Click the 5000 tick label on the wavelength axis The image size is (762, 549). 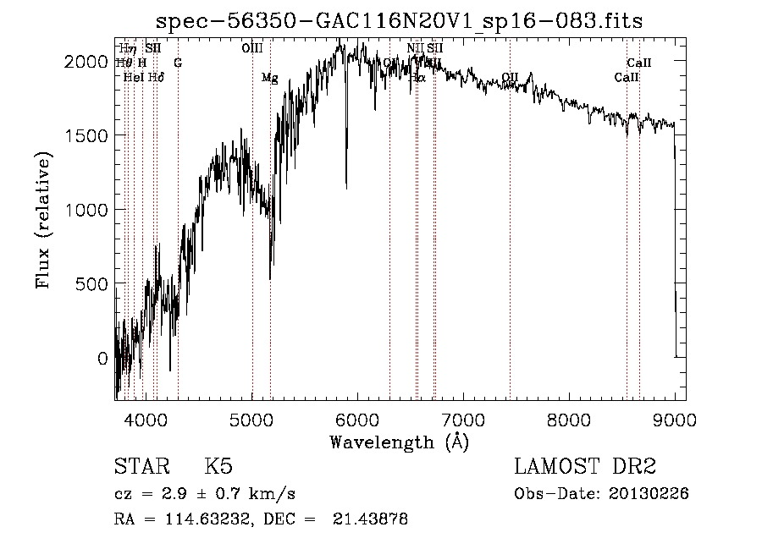tap(252, 419)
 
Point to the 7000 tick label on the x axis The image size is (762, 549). tap(463, 419)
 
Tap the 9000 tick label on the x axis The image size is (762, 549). tap(674, 419)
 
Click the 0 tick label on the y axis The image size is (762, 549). tap(102, 359)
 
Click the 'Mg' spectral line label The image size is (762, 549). tap(269, 78)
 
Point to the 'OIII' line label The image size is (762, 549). tap(251, 48)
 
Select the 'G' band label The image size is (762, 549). tap(178, 63)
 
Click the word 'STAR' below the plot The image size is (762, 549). tap(141, 467)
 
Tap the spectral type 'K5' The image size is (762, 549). tap(218, 467)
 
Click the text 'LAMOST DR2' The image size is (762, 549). tap(585, 467)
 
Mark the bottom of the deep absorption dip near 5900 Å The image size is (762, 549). tap(346, 186)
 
